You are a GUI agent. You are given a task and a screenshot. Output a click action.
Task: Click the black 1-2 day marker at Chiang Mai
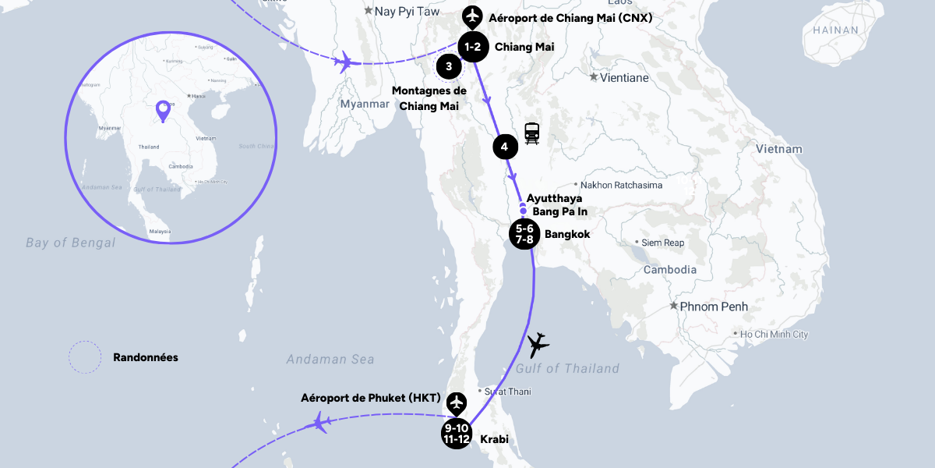point(473,47)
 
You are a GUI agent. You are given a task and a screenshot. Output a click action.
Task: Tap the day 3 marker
point(449,66)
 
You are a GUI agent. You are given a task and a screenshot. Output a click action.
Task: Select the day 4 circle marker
point(505,147)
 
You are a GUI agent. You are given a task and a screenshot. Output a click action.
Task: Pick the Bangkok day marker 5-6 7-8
point(524,234)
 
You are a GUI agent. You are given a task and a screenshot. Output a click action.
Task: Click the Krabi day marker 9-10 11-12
point(456,434)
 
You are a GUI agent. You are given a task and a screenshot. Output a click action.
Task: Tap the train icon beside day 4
point(532,133)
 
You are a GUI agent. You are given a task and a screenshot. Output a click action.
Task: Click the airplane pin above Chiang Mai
point(471,16)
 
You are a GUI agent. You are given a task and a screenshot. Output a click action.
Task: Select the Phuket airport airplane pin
point(457,402)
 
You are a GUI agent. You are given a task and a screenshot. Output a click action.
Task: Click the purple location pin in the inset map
point(163,111)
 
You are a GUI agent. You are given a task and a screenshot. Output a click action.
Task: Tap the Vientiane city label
point(619,77)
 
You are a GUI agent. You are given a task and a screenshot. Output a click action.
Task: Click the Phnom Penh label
point(713,307)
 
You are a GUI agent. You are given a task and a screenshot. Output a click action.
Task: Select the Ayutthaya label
point(554,198)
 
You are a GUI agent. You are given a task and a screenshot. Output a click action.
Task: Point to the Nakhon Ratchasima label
point(621,185)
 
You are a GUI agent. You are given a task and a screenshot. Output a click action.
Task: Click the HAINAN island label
point(835,30)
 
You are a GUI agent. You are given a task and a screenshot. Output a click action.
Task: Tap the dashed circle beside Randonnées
point(85,357)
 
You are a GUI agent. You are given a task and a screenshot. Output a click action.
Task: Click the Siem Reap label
point(662,243)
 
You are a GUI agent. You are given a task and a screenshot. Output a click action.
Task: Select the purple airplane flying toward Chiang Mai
point(343,61)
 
